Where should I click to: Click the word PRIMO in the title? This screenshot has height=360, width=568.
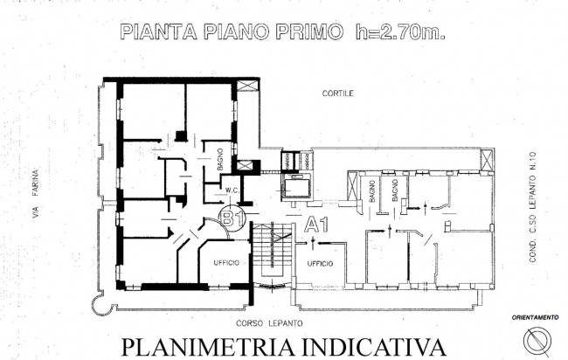point(309,31)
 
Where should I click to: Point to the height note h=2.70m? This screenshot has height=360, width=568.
point(400,31)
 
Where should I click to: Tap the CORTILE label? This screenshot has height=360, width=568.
point(338,93)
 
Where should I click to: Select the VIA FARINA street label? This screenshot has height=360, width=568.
point(35,194)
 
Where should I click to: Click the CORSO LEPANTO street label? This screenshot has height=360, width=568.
point(269,323)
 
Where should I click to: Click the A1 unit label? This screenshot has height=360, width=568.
point(316,225)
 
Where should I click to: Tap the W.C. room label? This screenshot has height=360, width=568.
point(232,190)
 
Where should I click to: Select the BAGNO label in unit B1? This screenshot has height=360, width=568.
point(220,160)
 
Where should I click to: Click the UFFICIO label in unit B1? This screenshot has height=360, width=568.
point(226,263)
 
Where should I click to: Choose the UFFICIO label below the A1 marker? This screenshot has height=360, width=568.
point(320,264)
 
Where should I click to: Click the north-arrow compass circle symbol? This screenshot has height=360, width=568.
point(537,341)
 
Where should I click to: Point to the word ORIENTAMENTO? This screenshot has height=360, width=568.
point(535,318)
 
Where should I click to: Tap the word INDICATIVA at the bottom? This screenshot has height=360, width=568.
point(373,347)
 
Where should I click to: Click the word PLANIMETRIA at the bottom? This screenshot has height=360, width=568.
point(208,347)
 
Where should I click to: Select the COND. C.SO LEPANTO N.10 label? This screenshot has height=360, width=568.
point(532,207)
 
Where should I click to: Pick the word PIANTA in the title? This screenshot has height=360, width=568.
point(159,31)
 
